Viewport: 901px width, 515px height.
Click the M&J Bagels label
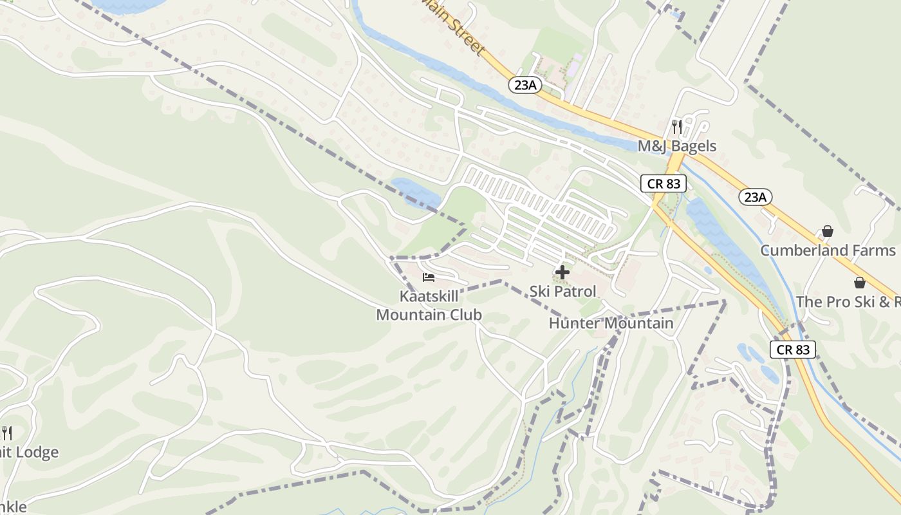click(676, 146)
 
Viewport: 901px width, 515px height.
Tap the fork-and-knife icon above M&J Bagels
click(676, 126)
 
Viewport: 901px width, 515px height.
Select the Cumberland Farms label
click(828, 250)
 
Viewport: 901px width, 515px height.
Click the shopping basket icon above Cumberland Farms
click(828, 231)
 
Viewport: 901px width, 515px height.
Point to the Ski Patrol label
click(563, 291)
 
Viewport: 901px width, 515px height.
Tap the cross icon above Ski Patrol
click(562, 272)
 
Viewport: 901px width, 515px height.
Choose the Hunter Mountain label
click(611, 323)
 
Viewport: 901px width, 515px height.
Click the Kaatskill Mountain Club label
click(429, 306)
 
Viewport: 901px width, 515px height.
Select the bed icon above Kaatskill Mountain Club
click(429, 277)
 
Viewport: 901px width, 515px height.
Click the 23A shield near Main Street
click(525, 84)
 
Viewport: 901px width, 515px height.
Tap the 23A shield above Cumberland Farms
click(755, 197)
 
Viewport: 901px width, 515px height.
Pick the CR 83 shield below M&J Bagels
click(664, 183)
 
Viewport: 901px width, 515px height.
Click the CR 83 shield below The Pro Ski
click(793, 350)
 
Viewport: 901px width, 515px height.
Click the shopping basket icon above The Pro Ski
click(859, 283)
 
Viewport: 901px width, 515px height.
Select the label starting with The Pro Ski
click(848, 302)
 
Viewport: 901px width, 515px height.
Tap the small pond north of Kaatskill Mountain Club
click(416, 192)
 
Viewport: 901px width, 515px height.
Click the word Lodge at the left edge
click(36, 453)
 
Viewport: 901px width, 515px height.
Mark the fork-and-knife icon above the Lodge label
click(6, 433)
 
